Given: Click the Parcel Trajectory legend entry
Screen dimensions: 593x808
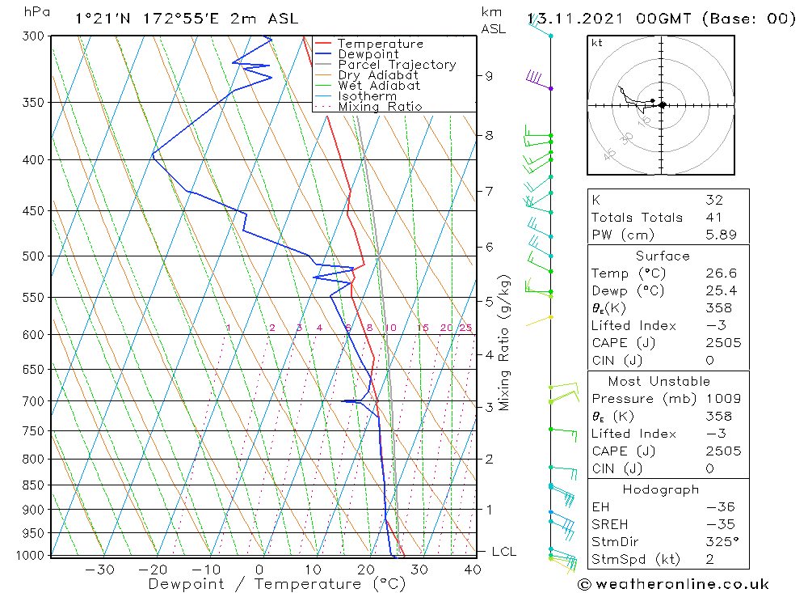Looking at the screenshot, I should point(397,65).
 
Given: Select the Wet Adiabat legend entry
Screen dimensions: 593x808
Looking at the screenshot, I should point(379,86).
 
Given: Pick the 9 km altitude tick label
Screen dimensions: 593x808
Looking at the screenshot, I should point(489,76).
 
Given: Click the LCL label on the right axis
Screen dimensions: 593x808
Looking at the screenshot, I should point(503,552).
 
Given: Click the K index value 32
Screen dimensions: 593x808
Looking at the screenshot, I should point(713,200).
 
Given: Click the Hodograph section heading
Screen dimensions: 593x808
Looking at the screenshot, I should point(660,489).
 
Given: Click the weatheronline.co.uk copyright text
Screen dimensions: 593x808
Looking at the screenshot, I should point(674,584).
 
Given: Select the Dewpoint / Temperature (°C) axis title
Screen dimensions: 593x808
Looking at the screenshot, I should point(264,584).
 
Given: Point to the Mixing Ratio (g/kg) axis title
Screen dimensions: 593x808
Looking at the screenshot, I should point(505,343).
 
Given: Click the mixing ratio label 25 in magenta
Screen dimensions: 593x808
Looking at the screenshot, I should point(465,328).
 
